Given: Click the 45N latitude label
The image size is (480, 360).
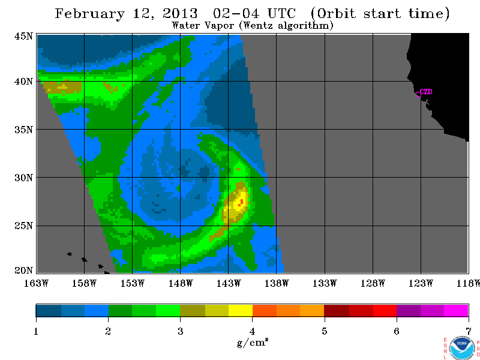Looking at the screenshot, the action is [x=23, y=37].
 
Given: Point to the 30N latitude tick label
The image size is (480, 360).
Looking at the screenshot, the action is [x=23, y=178].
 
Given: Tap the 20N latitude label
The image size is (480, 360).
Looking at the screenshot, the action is [x=23, y=271].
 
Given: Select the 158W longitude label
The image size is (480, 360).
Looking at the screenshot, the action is [x=84, y=283].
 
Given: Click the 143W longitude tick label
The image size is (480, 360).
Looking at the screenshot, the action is [x=229, y=283].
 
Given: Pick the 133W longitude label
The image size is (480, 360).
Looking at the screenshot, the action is [x=325, y=283].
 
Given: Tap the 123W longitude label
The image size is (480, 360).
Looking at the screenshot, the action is [x=421, y=283].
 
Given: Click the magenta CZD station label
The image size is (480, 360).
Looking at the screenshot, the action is [x=427, y=92].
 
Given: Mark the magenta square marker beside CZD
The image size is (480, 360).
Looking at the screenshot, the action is [x=418, y=94].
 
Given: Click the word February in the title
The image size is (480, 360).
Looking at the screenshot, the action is [x=89, y=14].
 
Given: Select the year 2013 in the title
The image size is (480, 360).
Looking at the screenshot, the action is [x=180, y=13].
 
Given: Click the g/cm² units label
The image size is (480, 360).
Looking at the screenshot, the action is [x=253, y=343].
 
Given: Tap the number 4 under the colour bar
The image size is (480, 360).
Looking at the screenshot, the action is [x=252, y=331].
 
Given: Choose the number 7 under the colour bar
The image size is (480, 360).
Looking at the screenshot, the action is [x=469, y=331].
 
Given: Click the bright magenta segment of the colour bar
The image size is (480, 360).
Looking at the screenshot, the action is [x=456, y=310].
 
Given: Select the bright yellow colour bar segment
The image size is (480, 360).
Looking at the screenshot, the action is [x=241, y=310].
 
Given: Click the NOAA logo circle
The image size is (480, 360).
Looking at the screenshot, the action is [x=461, y=347].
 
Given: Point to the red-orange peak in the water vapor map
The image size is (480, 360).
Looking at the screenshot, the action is [x=241, y=202].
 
